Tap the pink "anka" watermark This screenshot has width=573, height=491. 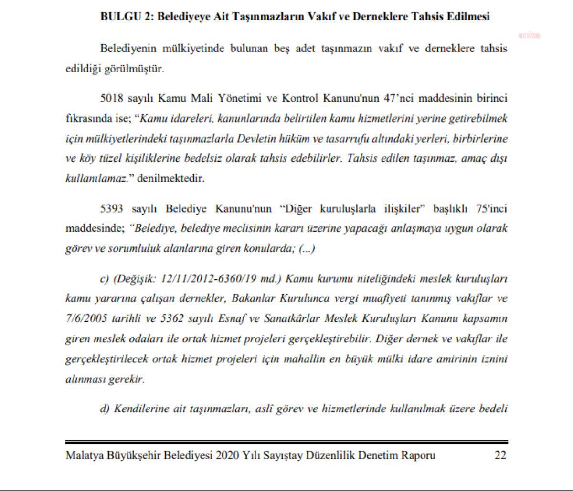(529, 35)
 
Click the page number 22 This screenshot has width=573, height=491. (500, 455)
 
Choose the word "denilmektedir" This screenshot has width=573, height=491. (170, 179)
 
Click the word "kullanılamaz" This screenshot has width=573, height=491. (96, 179)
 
